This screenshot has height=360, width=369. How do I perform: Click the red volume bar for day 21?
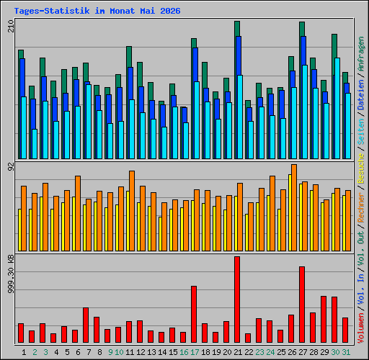(x=237, y=300)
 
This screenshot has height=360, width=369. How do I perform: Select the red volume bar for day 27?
(x=302, y=305)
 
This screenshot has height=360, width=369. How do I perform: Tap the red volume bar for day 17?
(x=194, y=314)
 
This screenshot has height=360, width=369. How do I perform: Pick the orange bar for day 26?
(x=294, y=208)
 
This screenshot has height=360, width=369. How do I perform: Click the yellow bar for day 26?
(x=290, y=213)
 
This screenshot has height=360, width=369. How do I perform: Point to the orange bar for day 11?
(x=132, y=211)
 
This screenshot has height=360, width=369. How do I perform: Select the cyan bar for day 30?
(x=337, y=108)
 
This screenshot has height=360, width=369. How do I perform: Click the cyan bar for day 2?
(x=35, y=144)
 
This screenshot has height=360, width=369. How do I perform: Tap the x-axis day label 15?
(x=173, y=352)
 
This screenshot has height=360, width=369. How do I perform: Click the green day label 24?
(x=270, y=352)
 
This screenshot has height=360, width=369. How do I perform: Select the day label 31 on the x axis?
(x=346, y=352)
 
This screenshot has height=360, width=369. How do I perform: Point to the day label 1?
(x=24, y=352)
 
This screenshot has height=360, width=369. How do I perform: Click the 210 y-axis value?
(x=11, y=26)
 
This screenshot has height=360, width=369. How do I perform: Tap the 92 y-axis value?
(x=11, y=166)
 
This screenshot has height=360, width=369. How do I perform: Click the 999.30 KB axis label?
(x=11, y=274)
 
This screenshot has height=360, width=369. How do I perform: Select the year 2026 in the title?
(x=170, y=11)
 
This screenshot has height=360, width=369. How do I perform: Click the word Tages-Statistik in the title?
(x=52, y=11)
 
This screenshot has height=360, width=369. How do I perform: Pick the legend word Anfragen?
(x=361, y=54)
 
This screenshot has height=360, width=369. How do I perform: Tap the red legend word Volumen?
(x=361, y=328)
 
